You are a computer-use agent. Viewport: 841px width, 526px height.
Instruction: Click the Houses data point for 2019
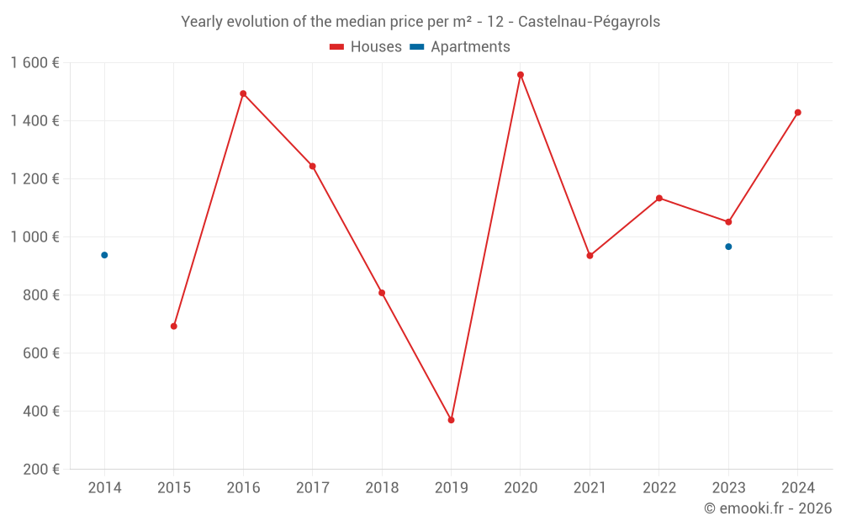pyautogui.click(x=451, y=420)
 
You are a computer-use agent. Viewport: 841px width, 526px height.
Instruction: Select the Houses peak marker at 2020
pyautogui.click(x=521, y=75)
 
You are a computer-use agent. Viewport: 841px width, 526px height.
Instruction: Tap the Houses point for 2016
pyautogui.click(x=243, y=93)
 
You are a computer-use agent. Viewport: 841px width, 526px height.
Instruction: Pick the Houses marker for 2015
pyautogui.click(x=174, y=326)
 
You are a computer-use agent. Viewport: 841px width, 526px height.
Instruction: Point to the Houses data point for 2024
pyautogui.click(x=797, y=112)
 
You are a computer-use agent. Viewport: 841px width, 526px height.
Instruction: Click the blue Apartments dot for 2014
pyautogui.click(x=104, y=255)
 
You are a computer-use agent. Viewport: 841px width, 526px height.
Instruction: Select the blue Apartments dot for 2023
pyautogui.click(x=728, y=247)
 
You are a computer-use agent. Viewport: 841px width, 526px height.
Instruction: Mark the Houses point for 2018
pyautogui.click(x=382, y=293)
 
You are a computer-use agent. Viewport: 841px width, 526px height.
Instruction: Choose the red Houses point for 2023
pyautogui.click(x=728, y=222)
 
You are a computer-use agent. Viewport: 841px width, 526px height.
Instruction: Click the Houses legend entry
pyautogui.click(x=366, y=47)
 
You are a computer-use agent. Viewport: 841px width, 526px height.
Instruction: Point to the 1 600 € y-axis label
pyautogui.click(x=34, y=62)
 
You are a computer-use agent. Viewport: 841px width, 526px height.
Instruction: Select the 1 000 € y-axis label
pyautogui.click(x=34, y=236)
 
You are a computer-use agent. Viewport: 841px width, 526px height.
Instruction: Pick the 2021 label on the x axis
pyautogui.click(x=590, y=488)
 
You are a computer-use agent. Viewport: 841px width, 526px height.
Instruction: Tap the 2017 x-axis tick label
pyautogui.click(x=312, y=488)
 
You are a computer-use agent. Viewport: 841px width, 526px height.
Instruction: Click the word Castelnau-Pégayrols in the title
pyautogui.click(x=589, y=22)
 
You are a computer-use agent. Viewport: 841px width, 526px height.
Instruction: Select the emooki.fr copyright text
pyautogui.click(x=768, y=508)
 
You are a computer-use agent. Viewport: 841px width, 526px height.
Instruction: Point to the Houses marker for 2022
pyautogui.click(x=659, y=198)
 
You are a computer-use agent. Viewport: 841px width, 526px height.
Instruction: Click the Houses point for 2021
pyautogui.click(x=590, y=255)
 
